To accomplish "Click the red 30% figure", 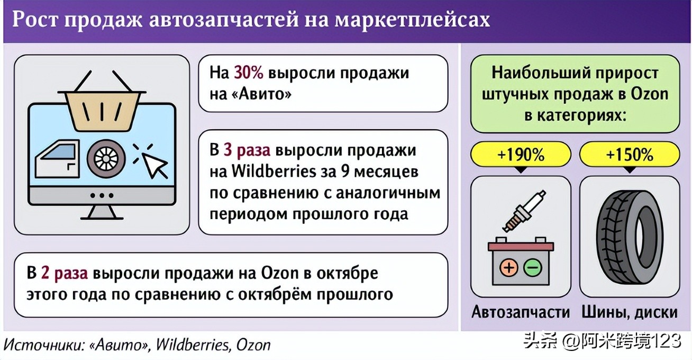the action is point(248,73).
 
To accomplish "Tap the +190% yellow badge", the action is point(521,154).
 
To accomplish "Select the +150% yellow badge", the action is point(630,154).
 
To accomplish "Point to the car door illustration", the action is point(58,159).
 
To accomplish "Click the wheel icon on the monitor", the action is point(106,158).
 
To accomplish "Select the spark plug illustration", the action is point(524,211).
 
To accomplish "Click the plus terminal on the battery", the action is point(509,267).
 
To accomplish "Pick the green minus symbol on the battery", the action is point(533,267).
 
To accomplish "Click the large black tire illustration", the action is point(629,237).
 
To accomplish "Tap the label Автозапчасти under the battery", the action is point(521,312).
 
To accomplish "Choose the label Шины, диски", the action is point(629,312).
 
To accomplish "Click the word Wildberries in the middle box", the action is point(274,172).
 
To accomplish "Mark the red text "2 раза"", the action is point(64,274).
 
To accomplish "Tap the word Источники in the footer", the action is point(43,345).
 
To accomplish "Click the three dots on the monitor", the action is point(102,195).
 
